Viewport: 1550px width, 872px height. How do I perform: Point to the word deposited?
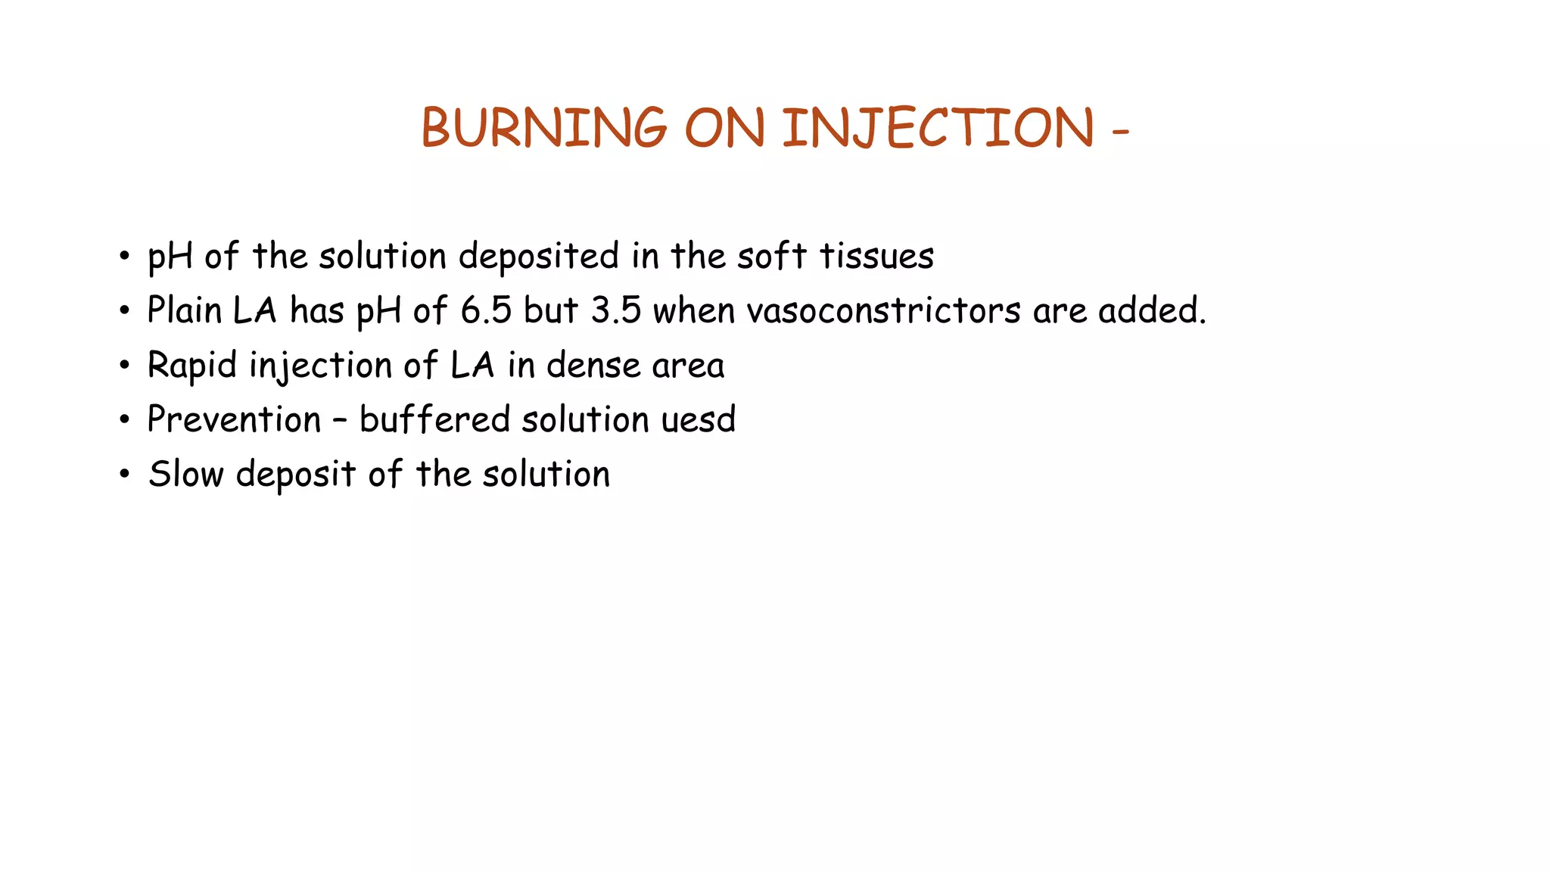pyautogui.click(x=539, y=257)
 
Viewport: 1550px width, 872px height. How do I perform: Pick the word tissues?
pyautogui.click(x=877, y=256)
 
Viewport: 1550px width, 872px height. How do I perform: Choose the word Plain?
pyautogui.click(x=184, y=310)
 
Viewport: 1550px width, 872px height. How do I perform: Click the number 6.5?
pyautogui.click(x=486, y=311)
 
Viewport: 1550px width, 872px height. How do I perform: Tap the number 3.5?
pyautogui.click(x=616, y=311)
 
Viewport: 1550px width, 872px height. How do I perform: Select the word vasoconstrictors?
pyautogui.click(x=883, y=311)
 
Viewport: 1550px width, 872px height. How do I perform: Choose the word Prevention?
pyautogui.click(x=235, y=419)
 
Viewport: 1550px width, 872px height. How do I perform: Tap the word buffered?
pyautogui.click(x=434, y=419)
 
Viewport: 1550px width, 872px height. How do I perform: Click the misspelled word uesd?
pyautogui.click(x=698, y=419)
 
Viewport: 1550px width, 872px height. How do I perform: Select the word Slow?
pyautogui.click(x=185, y=475)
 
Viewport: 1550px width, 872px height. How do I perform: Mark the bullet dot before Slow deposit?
pyautogui.click(x=124, y=475)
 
